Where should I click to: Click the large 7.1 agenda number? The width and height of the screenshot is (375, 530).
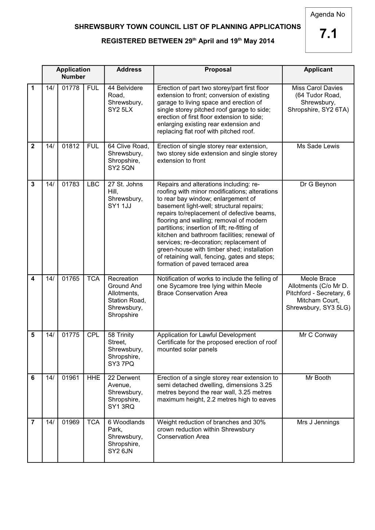(328, 34)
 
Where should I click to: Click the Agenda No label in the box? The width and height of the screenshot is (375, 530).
(328, 15)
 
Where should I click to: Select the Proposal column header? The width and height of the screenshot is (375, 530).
(218, 70)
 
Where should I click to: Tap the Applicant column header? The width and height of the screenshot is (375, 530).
(318, 70)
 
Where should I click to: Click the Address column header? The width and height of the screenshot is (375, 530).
(129, 70)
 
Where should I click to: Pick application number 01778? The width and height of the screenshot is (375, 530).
(71, 88)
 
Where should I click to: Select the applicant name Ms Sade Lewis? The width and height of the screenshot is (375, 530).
(318, 146)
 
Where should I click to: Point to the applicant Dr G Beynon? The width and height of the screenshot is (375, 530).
(318, 184)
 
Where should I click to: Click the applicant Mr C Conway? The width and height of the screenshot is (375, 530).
(318, 335)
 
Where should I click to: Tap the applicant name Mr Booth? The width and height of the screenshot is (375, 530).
(318, 378)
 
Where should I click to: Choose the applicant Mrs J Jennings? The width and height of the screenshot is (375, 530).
(318, 422)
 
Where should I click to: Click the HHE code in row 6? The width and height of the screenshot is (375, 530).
(93, 378)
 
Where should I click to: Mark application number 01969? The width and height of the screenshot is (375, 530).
(71, 422)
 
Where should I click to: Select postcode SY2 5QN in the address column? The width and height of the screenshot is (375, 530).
(121, 168)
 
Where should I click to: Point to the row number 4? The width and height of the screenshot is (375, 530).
(33, 279)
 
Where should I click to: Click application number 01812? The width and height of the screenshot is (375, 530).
(71, 146)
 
